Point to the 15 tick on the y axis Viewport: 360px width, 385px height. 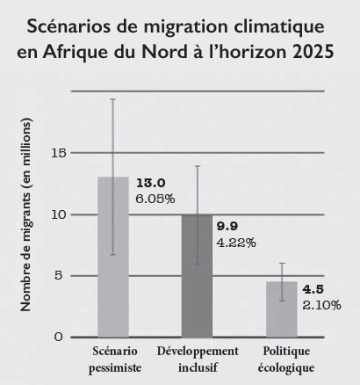(58, 153)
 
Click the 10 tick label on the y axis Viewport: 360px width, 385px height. (58, 214)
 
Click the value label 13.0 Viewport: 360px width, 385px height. (150, 182)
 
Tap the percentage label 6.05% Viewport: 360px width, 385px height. (155, 199)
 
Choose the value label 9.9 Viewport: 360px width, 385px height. (228, 226)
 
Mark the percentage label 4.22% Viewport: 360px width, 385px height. (235, 243)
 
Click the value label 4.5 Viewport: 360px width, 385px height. (313, 288)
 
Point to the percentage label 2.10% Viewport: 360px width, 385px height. (321, 305)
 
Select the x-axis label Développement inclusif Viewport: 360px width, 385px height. (198, 360)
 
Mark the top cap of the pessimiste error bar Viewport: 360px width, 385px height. (112, 99)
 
